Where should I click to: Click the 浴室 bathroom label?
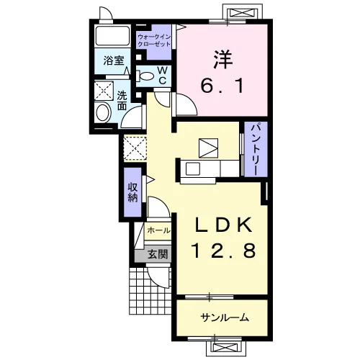(x=114, y=60)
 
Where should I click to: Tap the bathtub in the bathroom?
(x=112, y=36)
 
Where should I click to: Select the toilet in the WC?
(x=145, y=76)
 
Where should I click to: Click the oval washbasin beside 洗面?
(x=103, y=112)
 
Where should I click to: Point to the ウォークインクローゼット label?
(x=154, y=41)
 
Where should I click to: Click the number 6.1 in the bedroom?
(x=222, y=86)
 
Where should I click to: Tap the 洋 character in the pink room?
(x=222, y=59)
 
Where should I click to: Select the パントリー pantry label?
(x=256, y=149)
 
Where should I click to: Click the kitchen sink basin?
(x=193, y=168)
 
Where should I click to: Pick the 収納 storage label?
(x=132, y=192)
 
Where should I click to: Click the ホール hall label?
(x=158, y=230)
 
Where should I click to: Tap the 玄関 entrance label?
(x=157, y=254)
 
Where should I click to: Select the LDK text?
(x=224, y=225)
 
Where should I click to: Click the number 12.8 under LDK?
(x=223, y=250)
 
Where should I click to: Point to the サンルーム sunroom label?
(x=225, y=318)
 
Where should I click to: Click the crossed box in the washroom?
(x=104, y=91)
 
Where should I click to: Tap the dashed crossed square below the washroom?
(x=135, y=148)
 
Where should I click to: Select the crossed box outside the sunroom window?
(x=223, y=348)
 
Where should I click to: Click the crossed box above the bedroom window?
(x=241, y=12)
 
